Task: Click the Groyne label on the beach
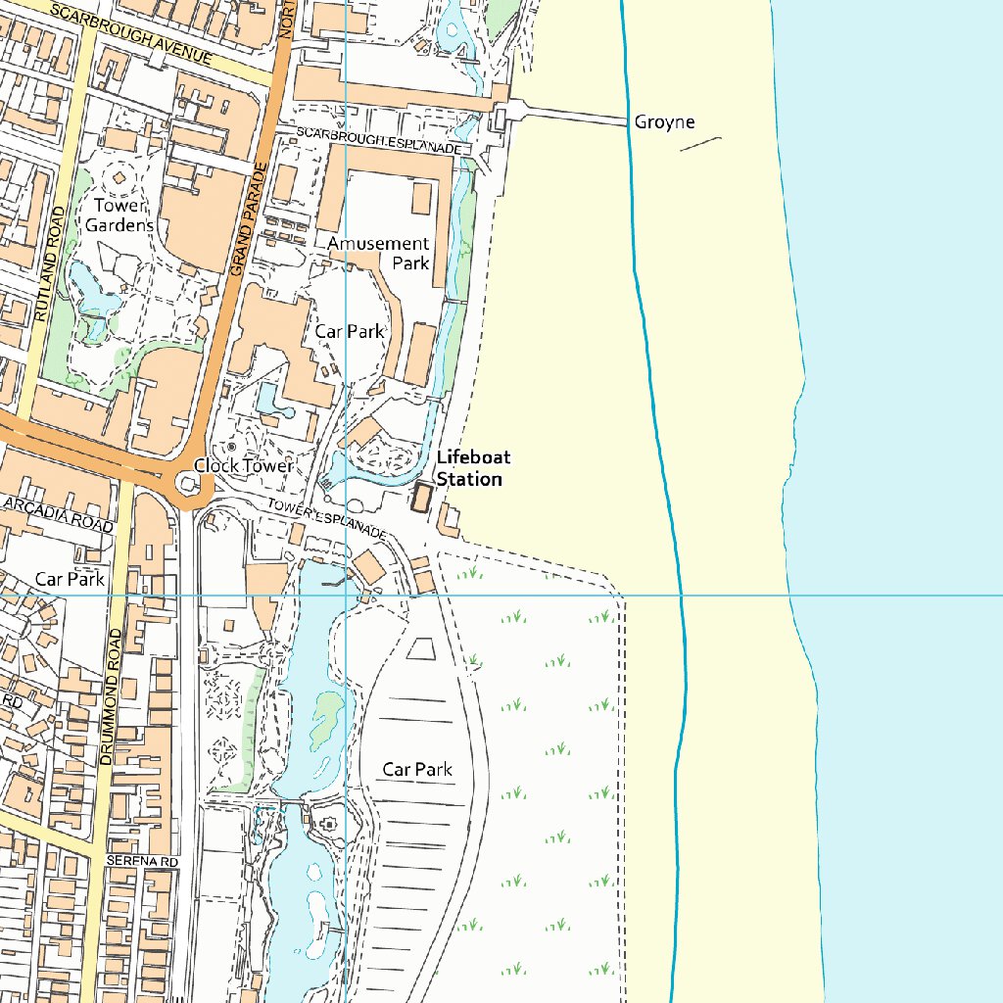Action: point(664,121)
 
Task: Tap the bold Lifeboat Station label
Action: point(473,468)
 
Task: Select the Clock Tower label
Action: point(243,466)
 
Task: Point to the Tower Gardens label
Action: point(123,215)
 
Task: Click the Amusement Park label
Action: point(380,253)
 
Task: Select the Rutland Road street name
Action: point(46,264)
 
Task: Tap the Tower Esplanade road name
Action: point(327,520)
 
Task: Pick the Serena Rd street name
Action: point(142,861)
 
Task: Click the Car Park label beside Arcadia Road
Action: point(70,579)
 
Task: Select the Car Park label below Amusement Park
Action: point(350,331)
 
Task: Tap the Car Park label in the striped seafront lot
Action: point(417,770)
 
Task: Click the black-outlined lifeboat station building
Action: point(423,497)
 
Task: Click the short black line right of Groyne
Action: point(700,143)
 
